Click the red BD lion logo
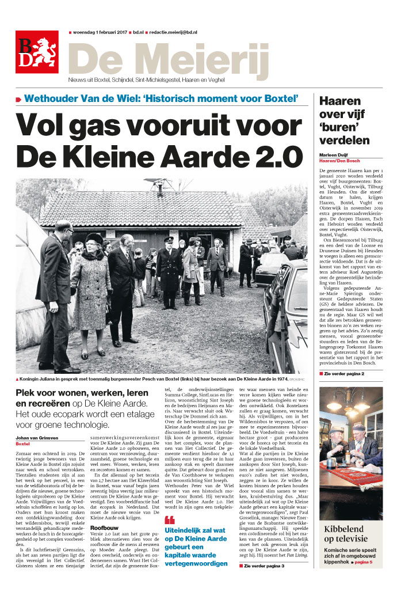37,52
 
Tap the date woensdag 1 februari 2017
99,33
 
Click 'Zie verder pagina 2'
346,374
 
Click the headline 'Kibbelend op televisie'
351,534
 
